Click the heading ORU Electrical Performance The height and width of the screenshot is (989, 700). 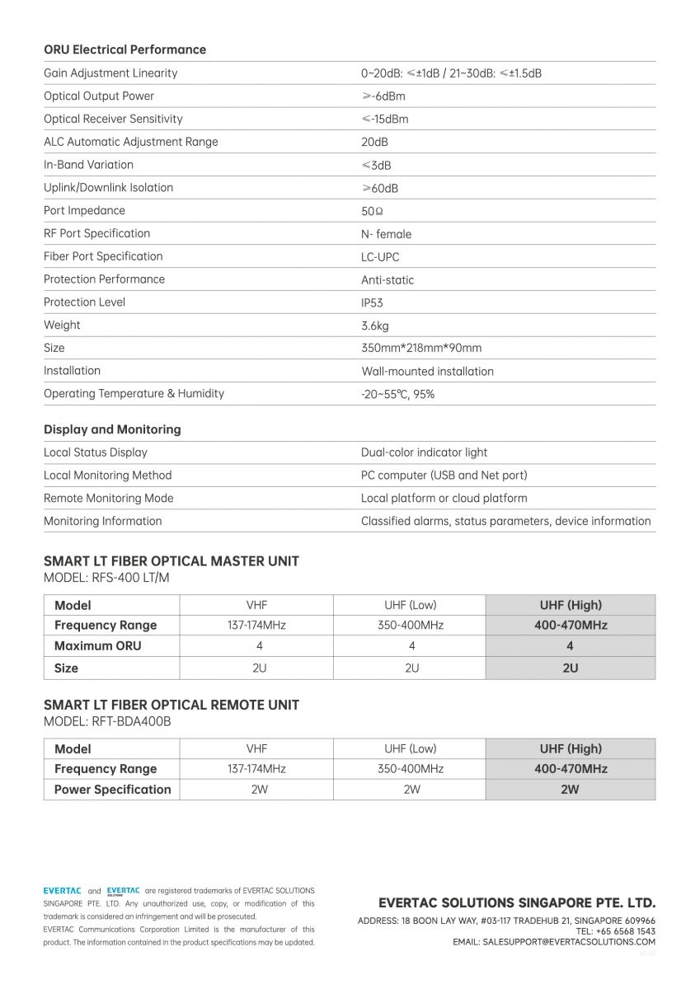[124, 49]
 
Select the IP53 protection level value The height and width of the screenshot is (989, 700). [372, 302]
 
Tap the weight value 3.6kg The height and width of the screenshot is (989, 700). [374, 326]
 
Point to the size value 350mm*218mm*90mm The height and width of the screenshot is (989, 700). [421, 348]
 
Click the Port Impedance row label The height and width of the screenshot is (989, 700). [84, 210]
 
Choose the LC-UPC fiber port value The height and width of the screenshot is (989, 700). [380, 256]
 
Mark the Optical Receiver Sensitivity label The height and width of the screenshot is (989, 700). [113, 119]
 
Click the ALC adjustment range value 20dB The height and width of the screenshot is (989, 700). [374, 142]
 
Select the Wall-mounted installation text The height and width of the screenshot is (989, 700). [427, 371]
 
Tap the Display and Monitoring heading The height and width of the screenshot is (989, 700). [112, 429]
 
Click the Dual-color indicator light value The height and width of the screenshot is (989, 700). [424, 452]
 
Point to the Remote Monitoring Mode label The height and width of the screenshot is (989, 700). [108, 498]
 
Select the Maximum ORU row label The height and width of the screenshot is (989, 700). [97, 646]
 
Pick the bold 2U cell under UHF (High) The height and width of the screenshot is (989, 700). [570, 668]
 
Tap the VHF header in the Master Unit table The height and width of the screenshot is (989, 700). [256, 605]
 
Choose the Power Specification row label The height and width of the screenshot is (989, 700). [112, 790]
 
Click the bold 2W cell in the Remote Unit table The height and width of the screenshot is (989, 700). [570, 790]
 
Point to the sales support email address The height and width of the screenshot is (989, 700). [569, 941]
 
